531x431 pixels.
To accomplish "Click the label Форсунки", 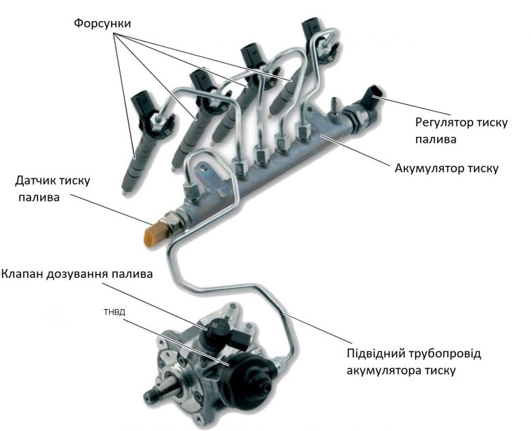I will point(103,23).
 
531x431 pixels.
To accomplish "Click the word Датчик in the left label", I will point(39,181).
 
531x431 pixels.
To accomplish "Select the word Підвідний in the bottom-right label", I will point(377,355).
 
